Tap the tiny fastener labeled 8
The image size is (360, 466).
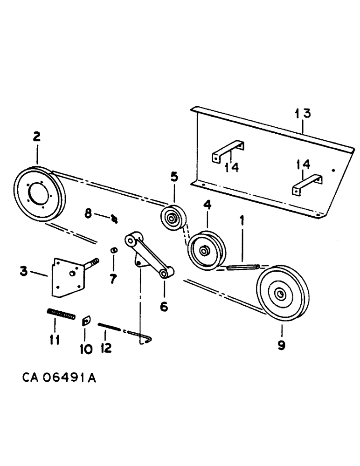[114, 218]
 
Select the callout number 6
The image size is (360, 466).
[164, 307]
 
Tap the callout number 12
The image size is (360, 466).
[106, 348]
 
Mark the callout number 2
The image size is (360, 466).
[36, 137]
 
